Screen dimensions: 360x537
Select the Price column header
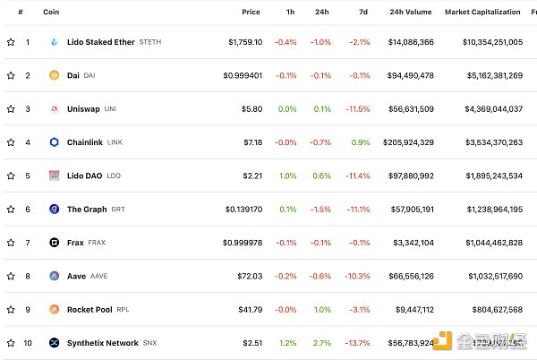click(x=251, y=12)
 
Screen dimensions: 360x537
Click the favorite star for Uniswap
click(x=11, y=109)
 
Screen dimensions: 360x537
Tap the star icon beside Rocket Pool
click(x=11, y=310)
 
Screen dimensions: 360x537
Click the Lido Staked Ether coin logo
click(x=54, y=42)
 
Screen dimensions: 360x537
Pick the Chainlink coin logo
click(x=54, y=142)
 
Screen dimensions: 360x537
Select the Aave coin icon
click(x=54, y=277)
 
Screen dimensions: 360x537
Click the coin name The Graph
click(x=87, y=210)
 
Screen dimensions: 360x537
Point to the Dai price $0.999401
click(x=243, y=75)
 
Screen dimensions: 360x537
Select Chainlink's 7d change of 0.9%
click(x=361, y=142)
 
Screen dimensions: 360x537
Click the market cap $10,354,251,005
click(x=493, y=42)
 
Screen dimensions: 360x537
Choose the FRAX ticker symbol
click(x=97, y=243)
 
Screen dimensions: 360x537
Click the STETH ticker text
click(x=151, y=42)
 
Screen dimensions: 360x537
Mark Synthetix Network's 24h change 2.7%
click(x=322, y=343)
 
